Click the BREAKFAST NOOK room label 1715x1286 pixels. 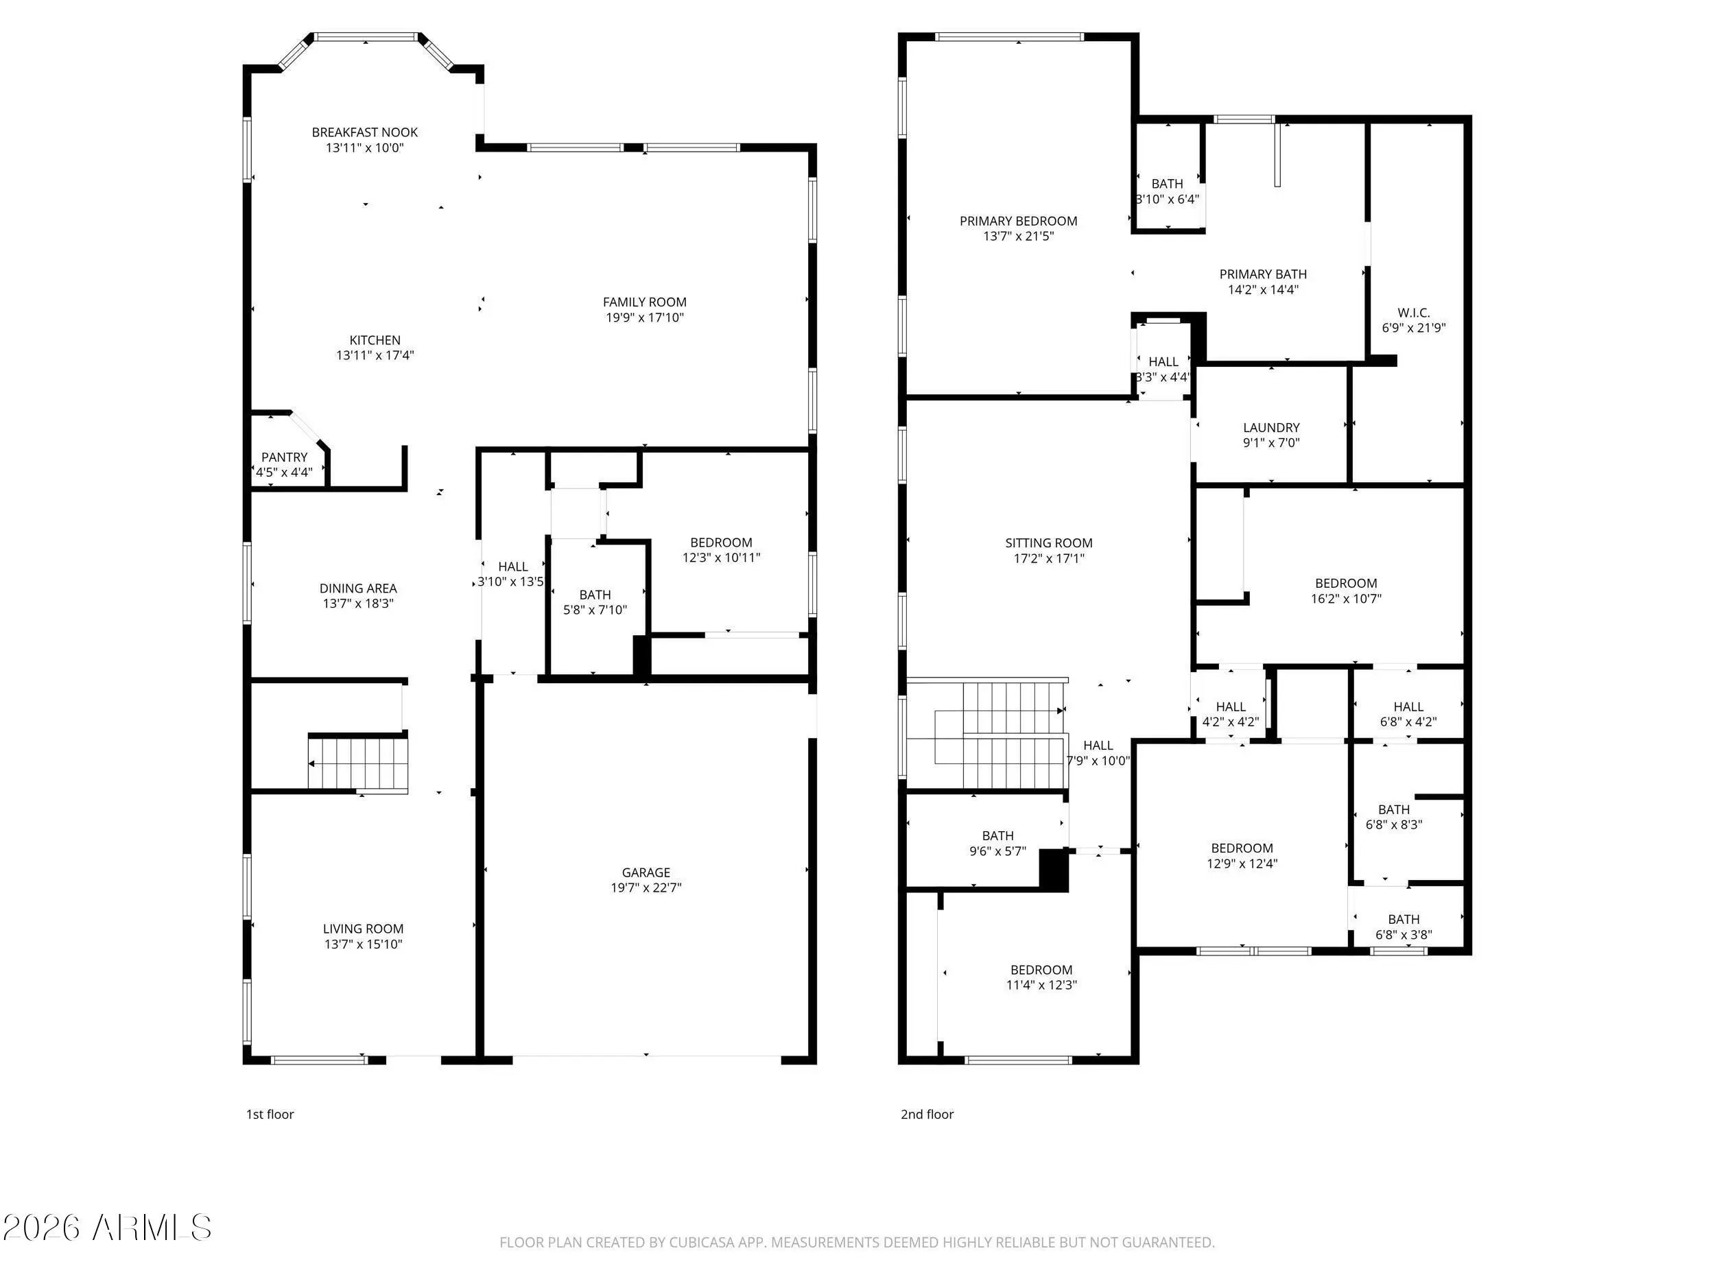click(364, 132)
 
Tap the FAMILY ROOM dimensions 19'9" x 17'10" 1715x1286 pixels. click(644, 318)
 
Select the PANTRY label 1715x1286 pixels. click(285, 457)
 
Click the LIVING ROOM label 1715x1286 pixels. click(363, 929)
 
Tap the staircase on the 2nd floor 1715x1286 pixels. click(986, 734)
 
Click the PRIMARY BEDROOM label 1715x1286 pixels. click(1018, 221)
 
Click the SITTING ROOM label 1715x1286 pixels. click(1048, 543)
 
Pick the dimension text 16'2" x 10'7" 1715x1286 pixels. click(1346, 599)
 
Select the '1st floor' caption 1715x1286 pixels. click(270, 1115)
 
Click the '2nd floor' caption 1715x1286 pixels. click(927, 1115)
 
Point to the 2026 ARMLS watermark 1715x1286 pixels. click(107, 1228)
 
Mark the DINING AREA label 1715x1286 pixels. click(357, 589)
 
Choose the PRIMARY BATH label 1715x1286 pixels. click(1263, 274)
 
